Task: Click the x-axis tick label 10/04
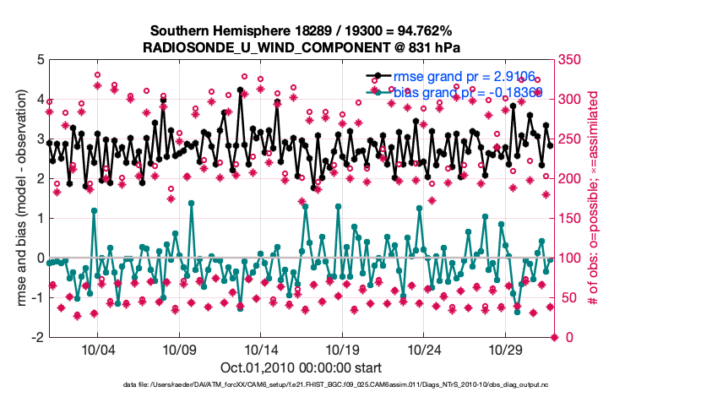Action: click(x=96, y=349)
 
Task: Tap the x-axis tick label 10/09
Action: click(x=179, y=349)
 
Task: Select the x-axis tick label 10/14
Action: click(x=261, y=349)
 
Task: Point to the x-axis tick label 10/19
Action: click(x=343, y=349)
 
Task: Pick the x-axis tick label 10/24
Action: click(x=425, y=349)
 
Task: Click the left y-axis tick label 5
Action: click(x=39, y=60)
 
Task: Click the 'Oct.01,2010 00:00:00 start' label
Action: click(x=301, y=367)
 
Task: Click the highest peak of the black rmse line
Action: click(x=241, y=89)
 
